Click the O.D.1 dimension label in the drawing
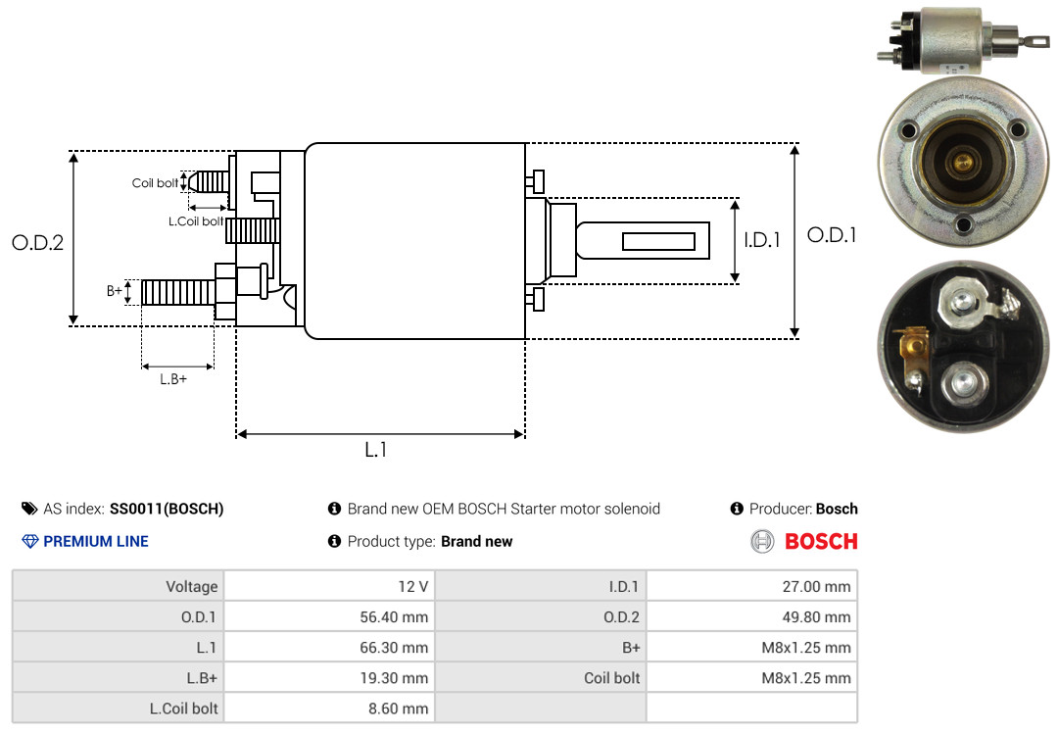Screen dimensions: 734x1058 click(x=832, y=235)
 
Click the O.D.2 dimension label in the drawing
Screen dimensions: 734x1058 click(x=37, y=242)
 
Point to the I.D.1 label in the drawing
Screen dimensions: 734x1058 click(x=762, y=239)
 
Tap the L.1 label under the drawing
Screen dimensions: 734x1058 click(x=376, y=450)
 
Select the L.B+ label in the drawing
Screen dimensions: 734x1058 click(x=173, y=379)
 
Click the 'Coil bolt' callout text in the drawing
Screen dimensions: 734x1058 click(x=155, y=183)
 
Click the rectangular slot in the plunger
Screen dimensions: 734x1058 click(x=659, y=241)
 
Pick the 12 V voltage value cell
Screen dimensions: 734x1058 click(x=329, y=586)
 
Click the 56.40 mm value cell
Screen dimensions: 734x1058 click(x=329, y=616)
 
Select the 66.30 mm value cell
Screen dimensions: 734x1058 click(x=329, y=647)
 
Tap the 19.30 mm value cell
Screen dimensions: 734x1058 click(x=329, y=677)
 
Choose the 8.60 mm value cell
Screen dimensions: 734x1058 click(x=329, y=708)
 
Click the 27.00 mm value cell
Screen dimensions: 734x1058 click(x=751, y=586)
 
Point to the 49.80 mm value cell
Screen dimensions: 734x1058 click(x=751, y=616)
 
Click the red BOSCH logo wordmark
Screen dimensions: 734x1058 click(x=821, y=541)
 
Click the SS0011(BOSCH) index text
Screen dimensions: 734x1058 click(x=167, y=509)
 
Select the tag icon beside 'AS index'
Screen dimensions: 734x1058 click(x=29, y=509)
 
